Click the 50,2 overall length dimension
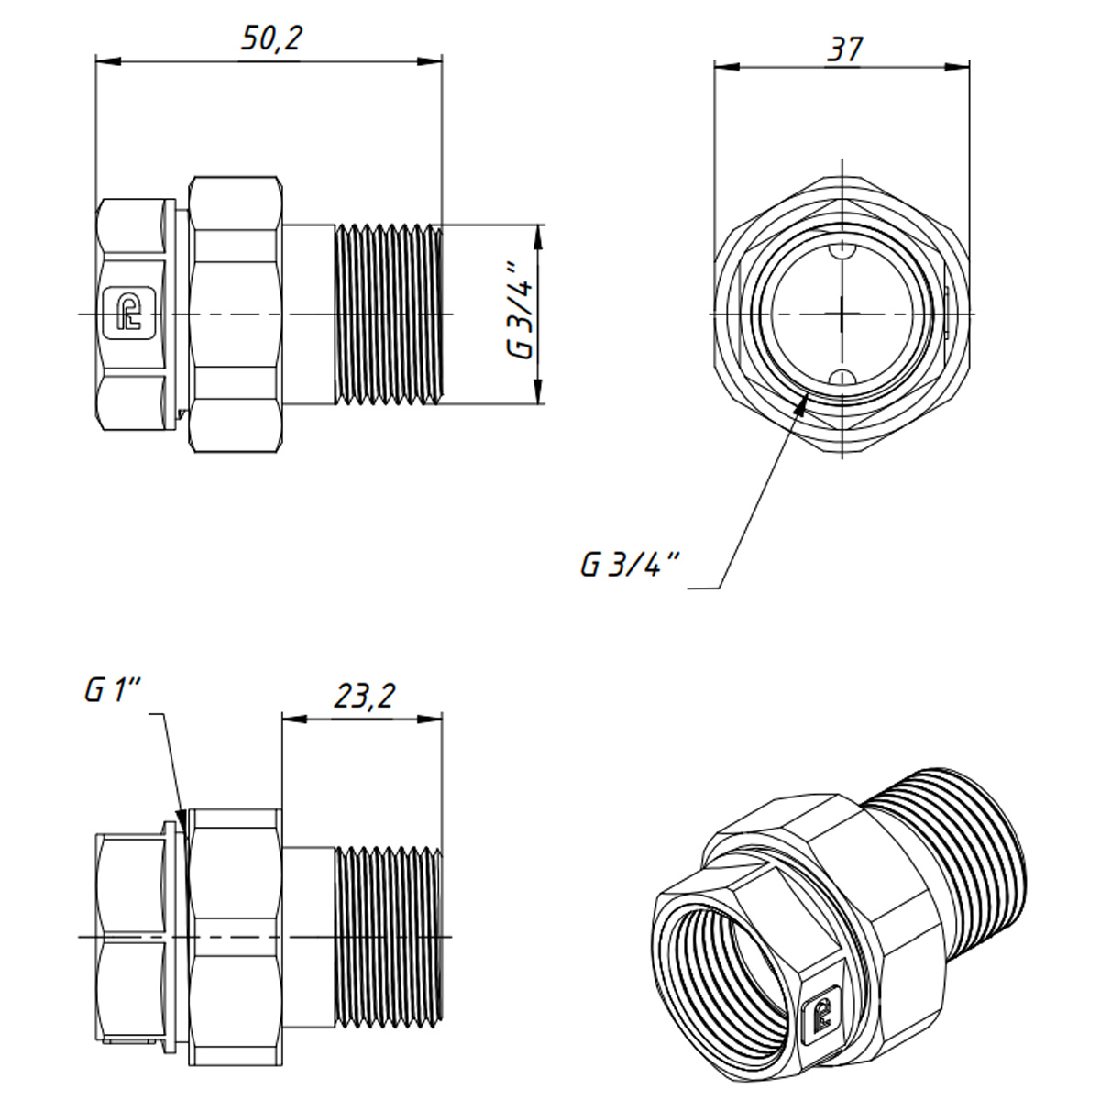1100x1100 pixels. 271,38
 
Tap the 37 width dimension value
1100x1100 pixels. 843,49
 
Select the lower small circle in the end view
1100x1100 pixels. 841,376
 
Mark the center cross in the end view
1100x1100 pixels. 841,313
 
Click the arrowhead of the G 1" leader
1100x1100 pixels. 182,819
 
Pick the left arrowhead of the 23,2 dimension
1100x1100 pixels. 292,720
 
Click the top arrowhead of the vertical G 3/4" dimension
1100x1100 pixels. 539,235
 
